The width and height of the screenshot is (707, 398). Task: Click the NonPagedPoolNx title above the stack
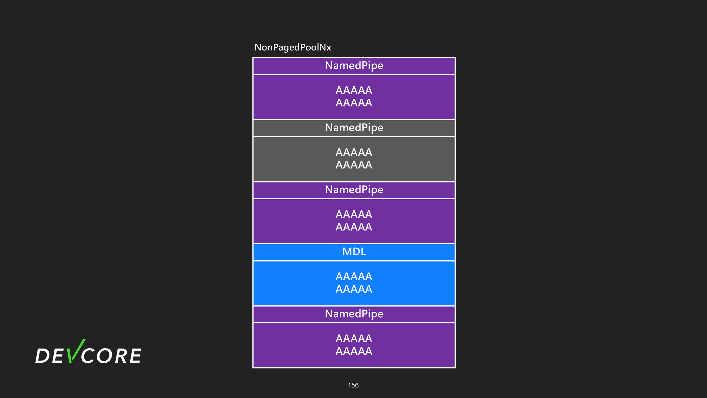click(x=292, y=48)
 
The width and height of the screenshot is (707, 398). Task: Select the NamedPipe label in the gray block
click(x=354, y=128)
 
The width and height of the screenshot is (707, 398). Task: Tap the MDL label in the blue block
click(x=354, y=252)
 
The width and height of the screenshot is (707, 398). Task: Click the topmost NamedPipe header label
click(x=354, y=66)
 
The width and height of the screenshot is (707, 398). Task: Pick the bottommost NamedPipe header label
click(x=354, y=314)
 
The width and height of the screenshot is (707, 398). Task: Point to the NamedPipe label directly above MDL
click(x=354, y=190)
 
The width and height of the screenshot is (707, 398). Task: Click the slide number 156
click(x=353, y=385)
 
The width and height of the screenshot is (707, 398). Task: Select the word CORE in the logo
click(x=111, y=355)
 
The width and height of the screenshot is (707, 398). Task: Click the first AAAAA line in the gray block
click(x=354, y=152)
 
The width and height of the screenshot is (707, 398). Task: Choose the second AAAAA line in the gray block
click(x=354, y=165)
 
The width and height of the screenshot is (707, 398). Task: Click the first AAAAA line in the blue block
click(x=354, y=276)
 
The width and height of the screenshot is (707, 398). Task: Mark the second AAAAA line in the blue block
click(x=354, y=289)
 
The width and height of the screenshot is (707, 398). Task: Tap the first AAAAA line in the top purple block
click(x=354, y=90)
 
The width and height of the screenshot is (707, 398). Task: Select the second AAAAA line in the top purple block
click(x=354, y=103)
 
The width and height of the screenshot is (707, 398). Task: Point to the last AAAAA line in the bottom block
click(x=354, y=351)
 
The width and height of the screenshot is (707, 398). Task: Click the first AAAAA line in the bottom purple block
click(x=354, y=339)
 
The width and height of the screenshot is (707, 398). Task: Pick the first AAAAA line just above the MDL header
click(x=354, y=214)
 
